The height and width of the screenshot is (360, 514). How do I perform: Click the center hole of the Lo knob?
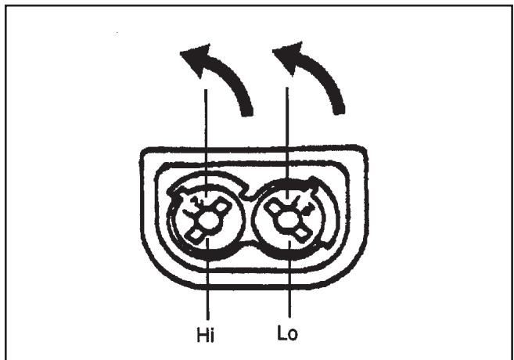pos(290,221)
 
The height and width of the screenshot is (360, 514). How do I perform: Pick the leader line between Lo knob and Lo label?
pos(290,290)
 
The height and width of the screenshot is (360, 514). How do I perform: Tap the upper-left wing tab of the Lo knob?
pos(275,207)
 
